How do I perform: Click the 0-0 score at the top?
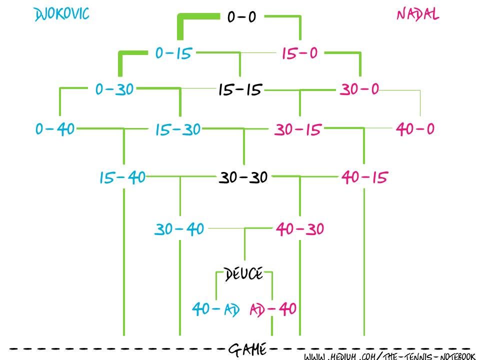241,17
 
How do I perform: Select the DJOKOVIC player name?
61,14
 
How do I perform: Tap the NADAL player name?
418,14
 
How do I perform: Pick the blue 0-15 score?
173,53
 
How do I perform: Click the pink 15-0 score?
299,53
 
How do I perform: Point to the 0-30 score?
114,89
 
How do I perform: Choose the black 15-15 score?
240,90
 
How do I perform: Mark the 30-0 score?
359,89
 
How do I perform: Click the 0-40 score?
55,129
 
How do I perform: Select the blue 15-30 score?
177,130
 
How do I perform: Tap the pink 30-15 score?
298,130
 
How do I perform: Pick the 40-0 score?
415,129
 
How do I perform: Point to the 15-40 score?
122,177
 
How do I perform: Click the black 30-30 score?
243,177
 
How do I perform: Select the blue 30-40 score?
179,229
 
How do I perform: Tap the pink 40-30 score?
300,229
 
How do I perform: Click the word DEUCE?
243,274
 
